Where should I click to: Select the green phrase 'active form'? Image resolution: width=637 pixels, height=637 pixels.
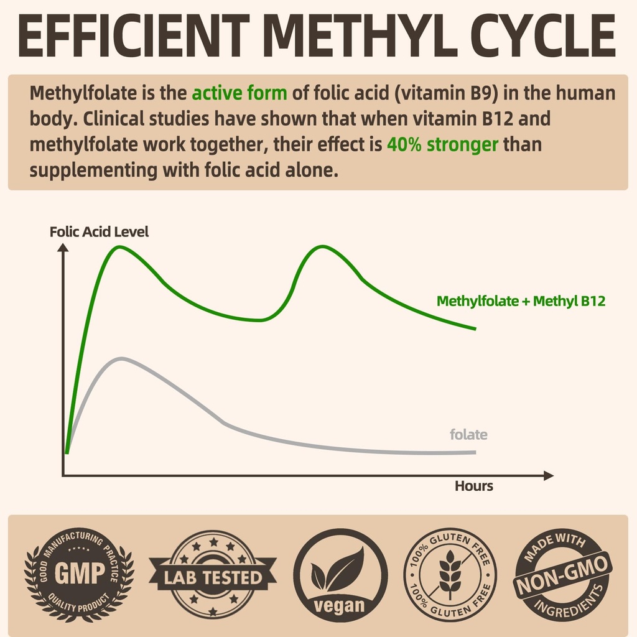(x=239, y=93)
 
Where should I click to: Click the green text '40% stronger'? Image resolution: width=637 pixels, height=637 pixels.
(x=442, y=145)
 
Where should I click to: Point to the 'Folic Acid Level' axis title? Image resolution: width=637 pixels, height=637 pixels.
(x=99, y=232)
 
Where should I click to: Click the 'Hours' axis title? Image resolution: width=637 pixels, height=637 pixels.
(x=473, y=486)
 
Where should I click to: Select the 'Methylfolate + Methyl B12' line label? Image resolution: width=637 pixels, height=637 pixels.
(x=521, y=301)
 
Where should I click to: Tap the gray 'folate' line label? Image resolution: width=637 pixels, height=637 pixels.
(x=468, y=435)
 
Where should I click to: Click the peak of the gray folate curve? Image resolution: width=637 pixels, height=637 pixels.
(x=121, y=358)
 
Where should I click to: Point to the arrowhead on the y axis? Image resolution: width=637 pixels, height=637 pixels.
(x=62, y=248)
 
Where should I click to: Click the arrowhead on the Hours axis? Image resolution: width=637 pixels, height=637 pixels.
(x=548, y=476)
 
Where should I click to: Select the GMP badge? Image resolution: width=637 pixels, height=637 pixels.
(x=79, y=574)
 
